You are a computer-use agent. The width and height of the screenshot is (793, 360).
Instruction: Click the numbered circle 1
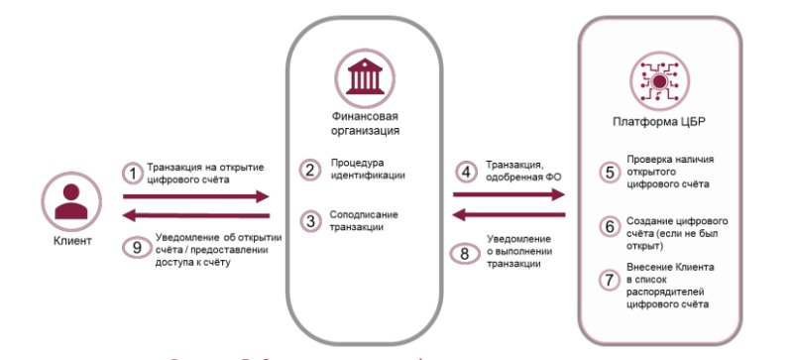(133, 174)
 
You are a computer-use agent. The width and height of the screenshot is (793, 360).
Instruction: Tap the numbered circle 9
(133, 247)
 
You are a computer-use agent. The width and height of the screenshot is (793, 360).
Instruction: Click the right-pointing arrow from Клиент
(195, 197)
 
